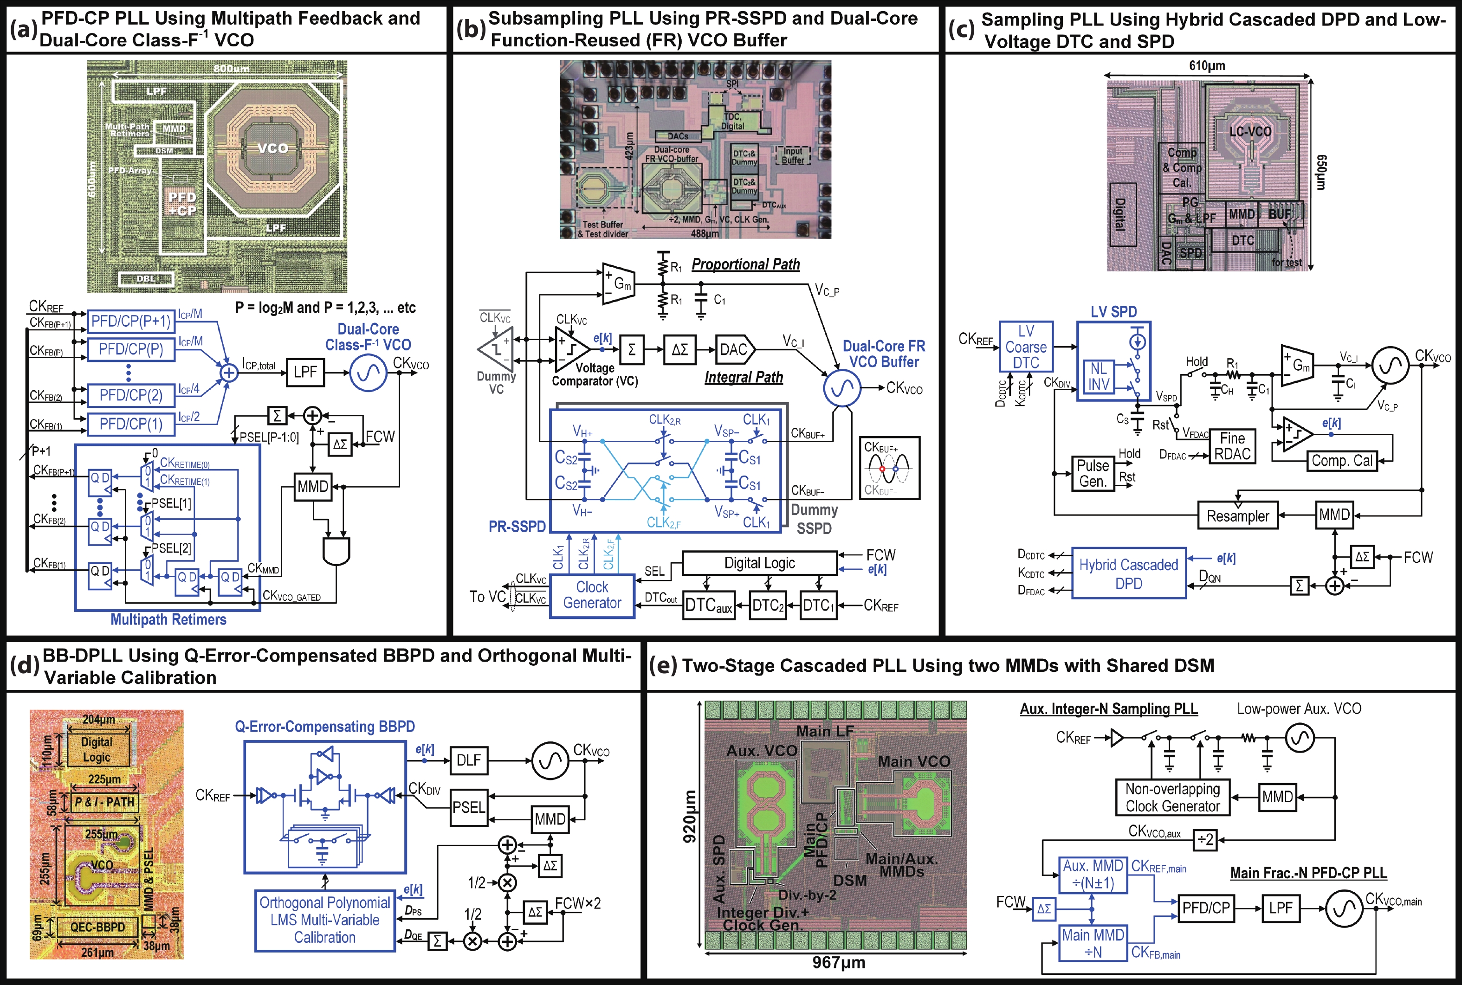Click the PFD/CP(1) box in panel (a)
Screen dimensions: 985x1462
pos(131,424)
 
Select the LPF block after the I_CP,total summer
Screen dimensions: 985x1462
pos(305,372)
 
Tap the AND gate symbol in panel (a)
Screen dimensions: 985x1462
pos(336,551)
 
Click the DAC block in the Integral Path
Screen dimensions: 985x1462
pos(734,349)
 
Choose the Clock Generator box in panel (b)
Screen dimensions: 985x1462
pos(592,595)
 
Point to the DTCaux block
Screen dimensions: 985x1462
pos(708,605)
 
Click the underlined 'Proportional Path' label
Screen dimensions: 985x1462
pos(746,264)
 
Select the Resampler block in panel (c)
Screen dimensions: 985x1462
pos(1238,516)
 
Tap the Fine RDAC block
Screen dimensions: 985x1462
pos(1232,446)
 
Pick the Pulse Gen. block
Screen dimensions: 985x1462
pos(1093,474)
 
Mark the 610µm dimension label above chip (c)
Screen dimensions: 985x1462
pos(1207,66)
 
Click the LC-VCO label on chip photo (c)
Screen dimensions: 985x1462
pos(1250,132)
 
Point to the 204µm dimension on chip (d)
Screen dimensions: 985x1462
pos(99,719)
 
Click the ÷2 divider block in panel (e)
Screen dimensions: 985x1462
pos(1205,839)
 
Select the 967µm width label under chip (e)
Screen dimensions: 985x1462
pos(838,962)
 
